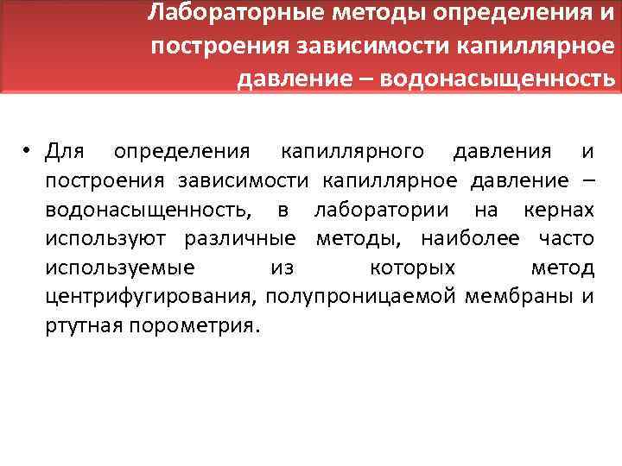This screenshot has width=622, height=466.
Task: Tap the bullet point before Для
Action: pyautogui.click(x=29, y=153)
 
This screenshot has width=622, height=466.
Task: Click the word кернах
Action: pyautogui.click(x=559, y=210)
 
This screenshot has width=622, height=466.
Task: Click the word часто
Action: pyautogui.click(x=562, y=239)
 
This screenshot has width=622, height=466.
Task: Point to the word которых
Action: pyautogui.click(x=412, y=268)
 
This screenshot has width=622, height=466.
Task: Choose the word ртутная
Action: pyautogui.click(x=81, y=327)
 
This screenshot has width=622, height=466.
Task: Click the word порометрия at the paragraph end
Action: pyautogui.click(x=191, y=327)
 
